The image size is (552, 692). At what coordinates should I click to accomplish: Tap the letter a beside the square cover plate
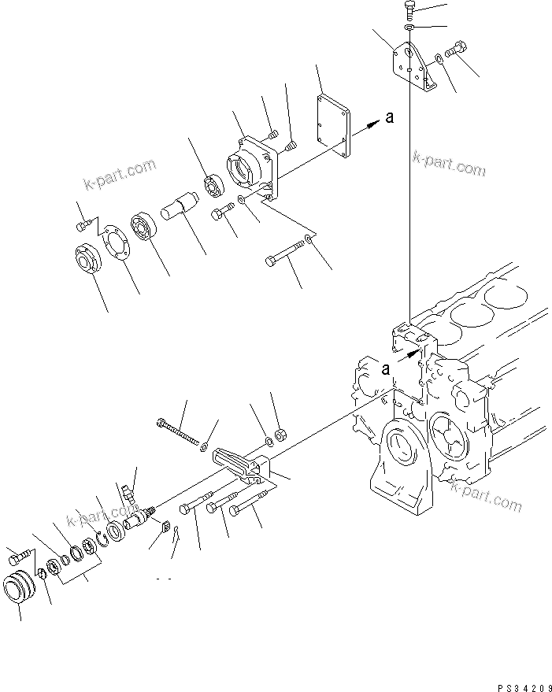(x=388, y=117)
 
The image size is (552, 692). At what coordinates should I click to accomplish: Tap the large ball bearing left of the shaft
(x=146, y=225)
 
